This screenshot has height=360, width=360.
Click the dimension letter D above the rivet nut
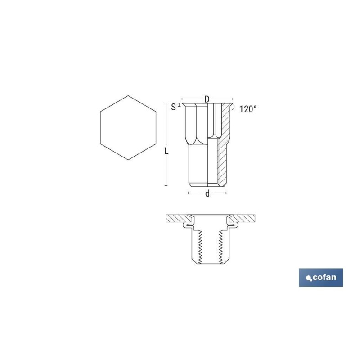tap(207, 99)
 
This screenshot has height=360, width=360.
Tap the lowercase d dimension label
tap(207, 193)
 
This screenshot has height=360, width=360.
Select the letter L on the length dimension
tap(166, 151)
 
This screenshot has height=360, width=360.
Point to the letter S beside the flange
tap(174, 107)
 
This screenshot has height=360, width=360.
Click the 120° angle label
tap(248, 109)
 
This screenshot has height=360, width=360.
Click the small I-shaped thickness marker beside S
tap(179, 105)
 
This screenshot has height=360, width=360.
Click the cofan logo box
tap(321, 277)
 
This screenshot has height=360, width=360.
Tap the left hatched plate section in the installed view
tap(179, 218)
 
